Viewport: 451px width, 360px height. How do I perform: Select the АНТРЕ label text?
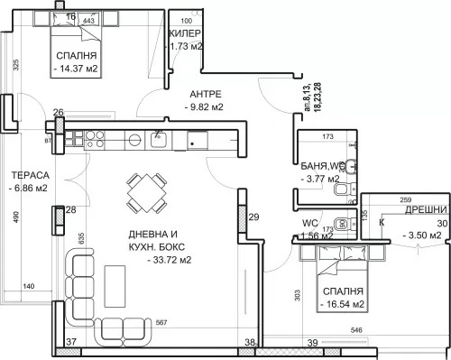click(x=204, y=94)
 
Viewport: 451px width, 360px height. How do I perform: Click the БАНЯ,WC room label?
click(x=320, y=165)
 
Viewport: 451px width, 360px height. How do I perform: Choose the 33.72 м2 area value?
click(x=168, y=263)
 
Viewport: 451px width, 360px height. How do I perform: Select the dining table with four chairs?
click(x=145, y=192)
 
